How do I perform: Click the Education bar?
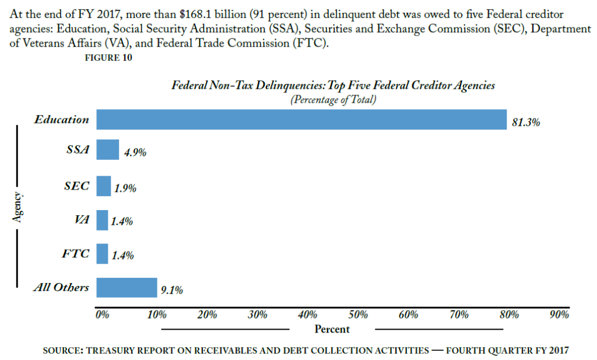[x=301, y=120]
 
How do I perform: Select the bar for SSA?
[x=107, y=150]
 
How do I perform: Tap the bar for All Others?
[x=127, y=288]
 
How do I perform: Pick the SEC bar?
[x=103, y=186]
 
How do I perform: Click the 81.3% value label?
[x=526, y=123]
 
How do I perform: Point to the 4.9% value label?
[x=135, y=153]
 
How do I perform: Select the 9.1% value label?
[x=172, y=291]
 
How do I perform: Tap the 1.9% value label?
[x=125, y=189]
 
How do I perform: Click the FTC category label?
[x=76, y=254]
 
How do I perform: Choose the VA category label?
[x=82, y=220]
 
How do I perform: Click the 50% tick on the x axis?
[x=357, y=315]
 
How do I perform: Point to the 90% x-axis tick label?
[x=559, y=315]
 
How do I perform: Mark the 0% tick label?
[x=103, y=315]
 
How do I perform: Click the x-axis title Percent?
[x=332, y=329]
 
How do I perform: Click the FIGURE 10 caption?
[x=108, y=57]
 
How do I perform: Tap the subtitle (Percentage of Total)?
[x=333, y=99]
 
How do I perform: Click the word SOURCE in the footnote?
[x=62, y=350]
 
